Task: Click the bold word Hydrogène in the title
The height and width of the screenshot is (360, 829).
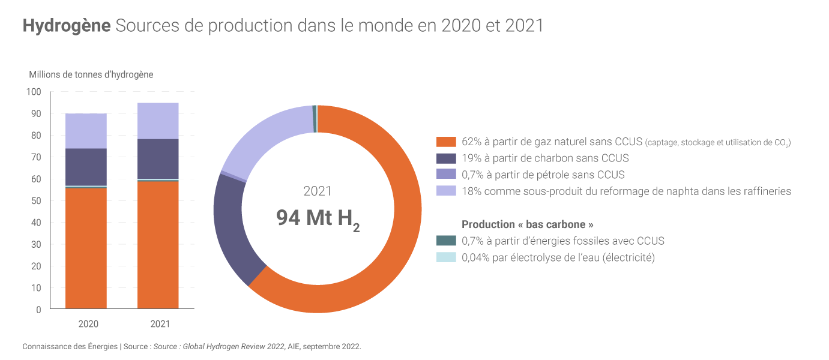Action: [x=67, y=26]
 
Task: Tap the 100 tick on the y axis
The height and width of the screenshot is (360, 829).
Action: [x=34, y=92]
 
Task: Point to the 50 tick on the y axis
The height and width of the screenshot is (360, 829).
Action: [x=35, y=201]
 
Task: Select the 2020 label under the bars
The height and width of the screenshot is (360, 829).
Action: [x=88, y=324]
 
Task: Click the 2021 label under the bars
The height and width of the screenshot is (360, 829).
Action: [x=160, y=324]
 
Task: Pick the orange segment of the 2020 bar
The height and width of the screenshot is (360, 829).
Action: [x=86, y=248]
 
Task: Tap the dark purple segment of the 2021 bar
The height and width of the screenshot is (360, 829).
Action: [x=158, y=159]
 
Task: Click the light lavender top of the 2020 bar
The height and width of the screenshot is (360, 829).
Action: [x=86, y=131]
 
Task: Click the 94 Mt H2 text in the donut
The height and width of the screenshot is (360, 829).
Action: [x=318, y=218]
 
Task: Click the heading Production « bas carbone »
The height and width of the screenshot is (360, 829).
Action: [x=528, y=224]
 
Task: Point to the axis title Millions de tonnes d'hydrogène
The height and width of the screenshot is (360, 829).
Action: [x=91, y=74]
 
